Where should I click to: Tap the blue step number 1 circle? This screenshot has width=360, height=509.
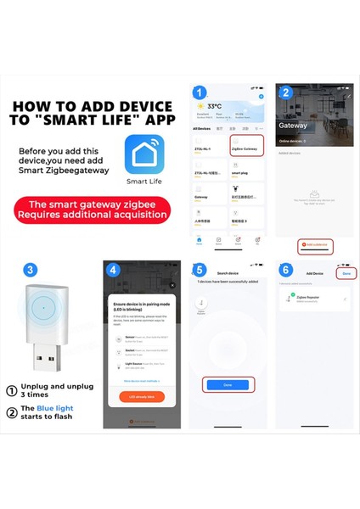200,92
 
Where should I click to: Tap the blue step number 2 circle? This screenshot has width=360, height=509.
285,92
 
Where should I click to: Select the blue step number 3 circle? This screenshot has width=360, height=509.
31,270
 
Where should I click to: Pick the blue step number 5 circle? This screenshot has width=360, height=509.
200,270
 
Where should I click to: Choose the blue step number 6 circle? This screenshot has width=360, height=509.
285,270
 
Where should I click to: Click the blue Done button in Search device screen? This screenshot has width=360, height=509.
228,385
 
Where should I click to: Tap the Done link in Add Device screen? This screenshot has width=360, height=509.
346,273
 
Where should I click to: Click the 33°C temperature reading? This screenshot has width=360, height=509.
214,107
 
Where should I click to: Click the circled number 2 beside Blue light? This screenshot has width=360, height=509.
12,413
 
